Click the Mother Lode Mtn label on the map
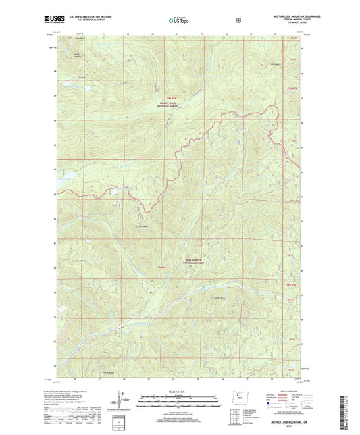[77, 56]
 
